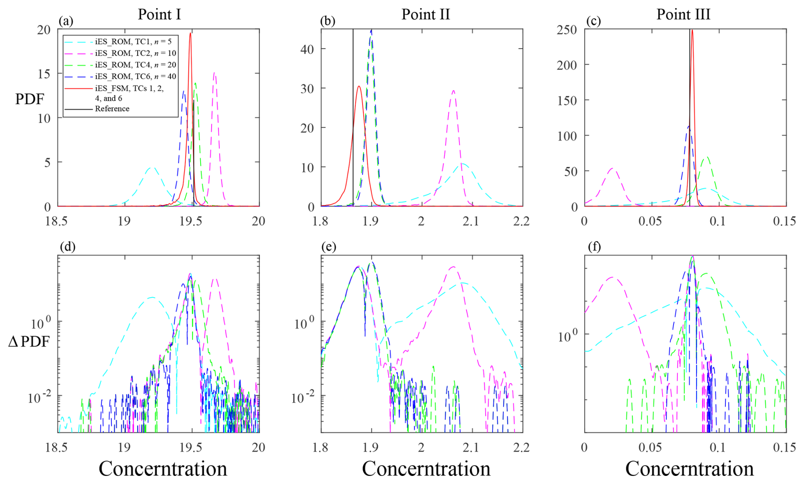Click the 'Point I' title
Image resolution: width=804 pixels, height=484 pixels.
pyautogui.click(x=159, y=14)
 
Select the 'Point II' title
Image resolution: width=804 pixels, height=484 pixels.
pyautogui.click(x=425, y=14)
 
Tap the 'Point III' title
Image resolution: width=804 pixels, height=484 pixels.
pyautogui.click(x=683, y=14)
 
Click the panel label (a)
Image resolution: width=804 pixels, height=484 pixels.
pyautogui.click(x=66, y=21)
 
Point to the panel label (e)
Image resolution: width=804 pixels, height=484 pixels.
pyautogui.click(x=329, y=247)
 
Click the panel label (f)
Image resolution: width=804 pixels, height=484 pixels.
pyautogui.click(x=594, y=247)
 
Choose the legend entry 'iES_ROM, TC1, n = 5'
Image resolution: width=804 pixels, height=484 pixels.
pyautogui.click(x=133, y=42)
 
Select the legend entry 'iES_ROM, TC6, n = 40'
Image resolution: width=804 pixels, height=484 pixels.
pyautogui.click(x=135, y=77)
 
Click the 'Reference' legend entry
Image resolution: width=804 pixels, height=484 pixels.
pyautogui.click(x=112, y=109)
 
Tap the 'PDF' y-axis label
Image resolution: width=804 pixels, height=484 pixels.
pyautogui.click(x=30, y=99)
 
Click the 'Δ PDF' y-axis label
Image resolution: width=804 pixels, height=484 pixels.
pyautogui.click(x=29, y=342)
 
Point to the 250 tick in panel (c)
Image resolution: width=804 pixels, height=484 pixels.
pyautogui.click(x=567, y=30)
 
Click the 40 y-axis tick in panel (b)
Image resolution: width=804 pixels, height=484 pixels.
pyautogui.click(x=307, y=49)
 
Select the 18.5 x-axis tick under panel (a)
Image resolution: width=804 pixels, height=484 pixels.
pyautogui.click(x=57, y=221)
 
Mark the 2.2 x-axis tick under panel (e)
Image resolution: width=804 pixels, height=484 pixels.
pyautogui.click(x=521, y=447)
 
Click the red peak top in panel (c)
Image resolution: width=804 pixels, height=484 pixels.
pyautogui.click(x=692, y=30)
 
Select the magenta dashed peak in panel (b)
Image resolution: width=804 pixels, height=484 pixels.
pyautogui.click(x=453, y=90)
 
